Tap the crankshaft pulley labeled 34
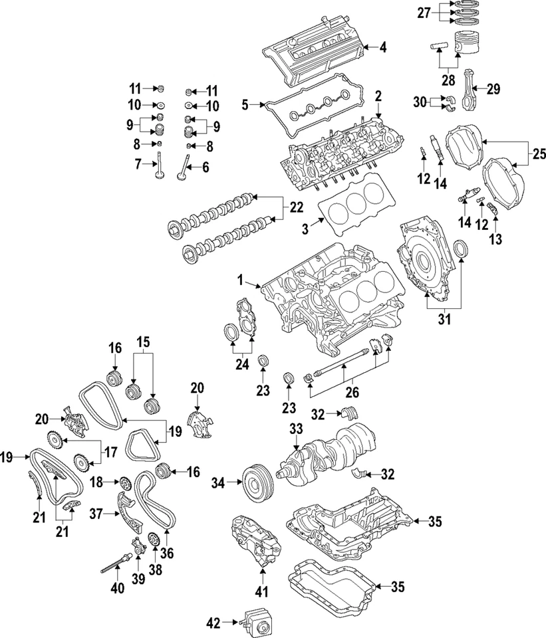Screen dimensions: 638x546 click(x=253, y=479)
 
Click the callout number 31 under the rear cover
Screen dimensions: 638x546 click(x=444, y=320)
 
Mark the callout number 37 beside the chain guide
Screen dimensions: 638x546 click(x=96, y=513)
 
